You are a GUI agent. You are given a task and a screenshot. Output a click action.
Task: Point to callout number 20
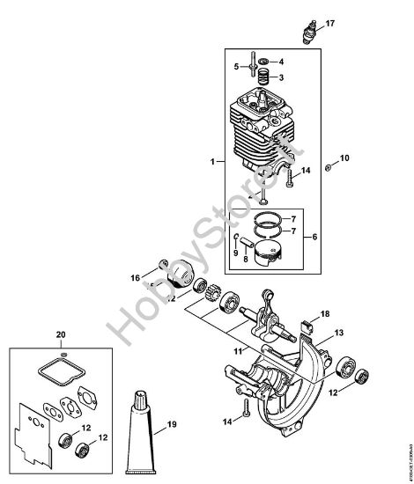click(x=60, y=334)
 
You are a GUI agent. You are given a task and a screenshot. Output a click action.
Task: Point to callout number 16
click(x=136, y=276)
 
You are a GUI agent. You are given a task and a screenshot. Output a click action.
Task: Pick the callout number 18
click(x=325, y=314)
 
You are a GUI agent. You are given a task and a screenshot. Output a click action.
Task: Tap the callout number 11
click(x=236, y=352)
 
